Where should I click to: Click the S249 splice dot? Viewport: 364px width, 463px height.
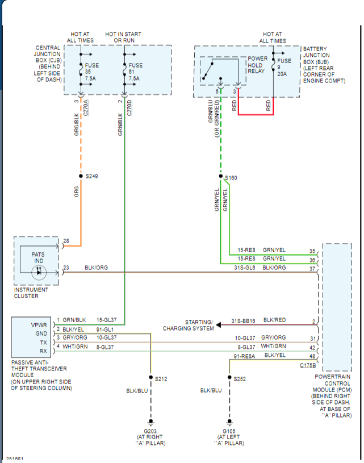81,176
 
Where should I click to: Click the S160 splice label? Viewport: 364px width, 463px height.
231,178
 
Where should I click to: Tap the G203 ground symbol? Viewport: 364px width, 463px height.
151,422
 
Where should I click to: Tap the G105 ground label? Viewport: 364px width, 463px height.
229,431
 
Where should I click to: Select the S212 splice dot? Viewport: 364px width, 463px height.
151,377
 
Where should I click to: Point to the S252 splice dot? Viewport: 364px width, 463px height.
229,377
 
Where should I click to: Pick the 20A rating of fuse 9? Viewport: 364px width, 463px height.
282,74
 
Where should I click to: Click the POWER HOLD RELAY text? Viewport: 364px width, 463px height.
257,65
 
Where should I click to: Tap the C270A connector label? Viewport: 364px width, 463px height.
86,108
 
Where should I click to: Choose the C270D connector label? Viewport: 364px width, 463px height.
129,108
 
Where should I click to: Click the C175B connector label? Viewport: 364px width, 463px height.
308,365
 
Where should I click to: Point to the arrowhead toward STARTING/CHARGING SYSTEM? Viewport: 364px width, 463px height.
219,325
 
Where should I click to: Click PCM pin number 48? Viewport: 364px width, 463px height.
312,356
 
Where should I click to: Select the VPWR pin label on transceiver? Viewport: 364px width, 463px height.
39,325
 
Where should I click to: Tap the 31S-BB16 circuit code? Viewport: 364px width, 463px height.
243,320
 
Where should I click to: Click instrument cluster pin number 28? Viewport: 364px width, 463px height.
66,241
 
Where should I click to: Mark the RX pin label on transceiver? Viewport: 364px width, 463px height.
43,351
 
